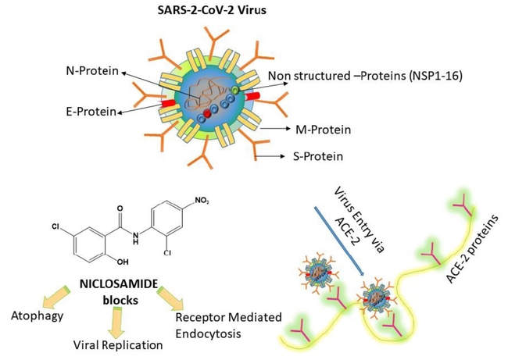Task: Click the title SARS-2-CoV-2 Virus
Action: click(212, 10)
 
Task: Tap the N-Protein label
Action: click(93, 70)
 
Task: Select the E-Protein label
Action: click(91, 112)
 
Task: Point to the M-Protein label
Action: click(323, 130)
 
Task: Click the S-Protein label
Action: click(318, 157)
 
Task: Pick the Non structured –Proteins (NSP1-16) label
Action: click(365, 76)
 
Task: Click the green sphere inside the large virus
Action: click(235, 91)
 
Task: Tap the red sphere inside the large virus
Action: click(207, 114)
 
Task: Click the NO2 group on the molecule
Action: click(202, 201)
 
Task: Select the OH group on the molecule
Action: click(123, 262)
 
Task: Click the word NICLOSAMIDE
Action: click(119, 284)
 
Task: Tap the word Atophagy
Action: click(38, 315)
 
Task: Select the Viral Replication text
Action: click(118, 345)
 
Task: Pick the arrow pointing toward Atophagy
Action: click(54, 296)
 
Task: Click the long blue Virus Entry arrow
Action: click(340, 241)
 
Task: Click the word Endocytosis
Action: click(209, 333)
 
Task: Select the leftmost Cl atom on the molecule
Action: click(55, 226)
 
